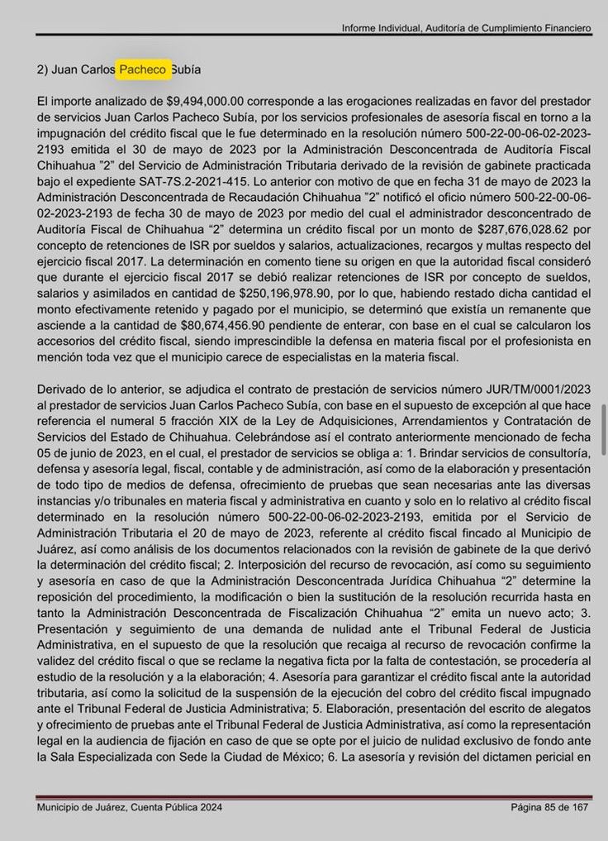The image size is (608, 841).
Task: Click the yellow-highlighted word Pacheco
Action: [x=144, y=69]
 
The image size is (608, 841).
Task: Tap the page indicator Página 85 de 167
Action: [x=549, y=808]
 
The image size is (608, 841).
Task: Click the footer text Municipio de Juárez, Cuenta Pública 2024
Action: [x=129, y=808]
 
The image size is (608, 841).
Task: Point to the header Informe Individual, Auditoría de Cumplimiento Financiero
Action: [x=467, y=28]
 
